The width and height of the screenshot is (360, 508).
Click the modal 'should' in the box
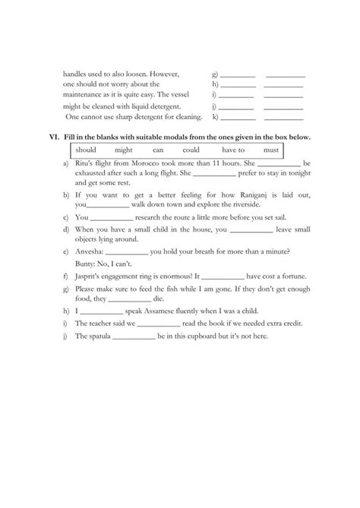(x=86, y=150)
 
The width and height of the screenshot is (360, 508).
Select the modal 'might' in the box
(x=124, y=150)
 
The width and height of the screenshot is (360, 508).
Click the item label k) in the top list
(x=216, y=117)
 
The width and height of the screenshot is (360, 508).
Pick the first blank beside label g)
(x=238, y=74)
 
